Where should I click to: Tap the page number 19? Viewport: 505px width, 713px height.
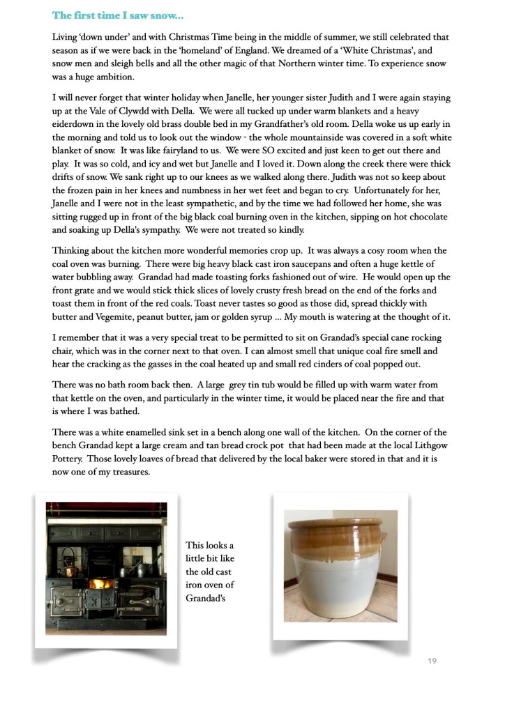pyautogui.click(x=432, y=661)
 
